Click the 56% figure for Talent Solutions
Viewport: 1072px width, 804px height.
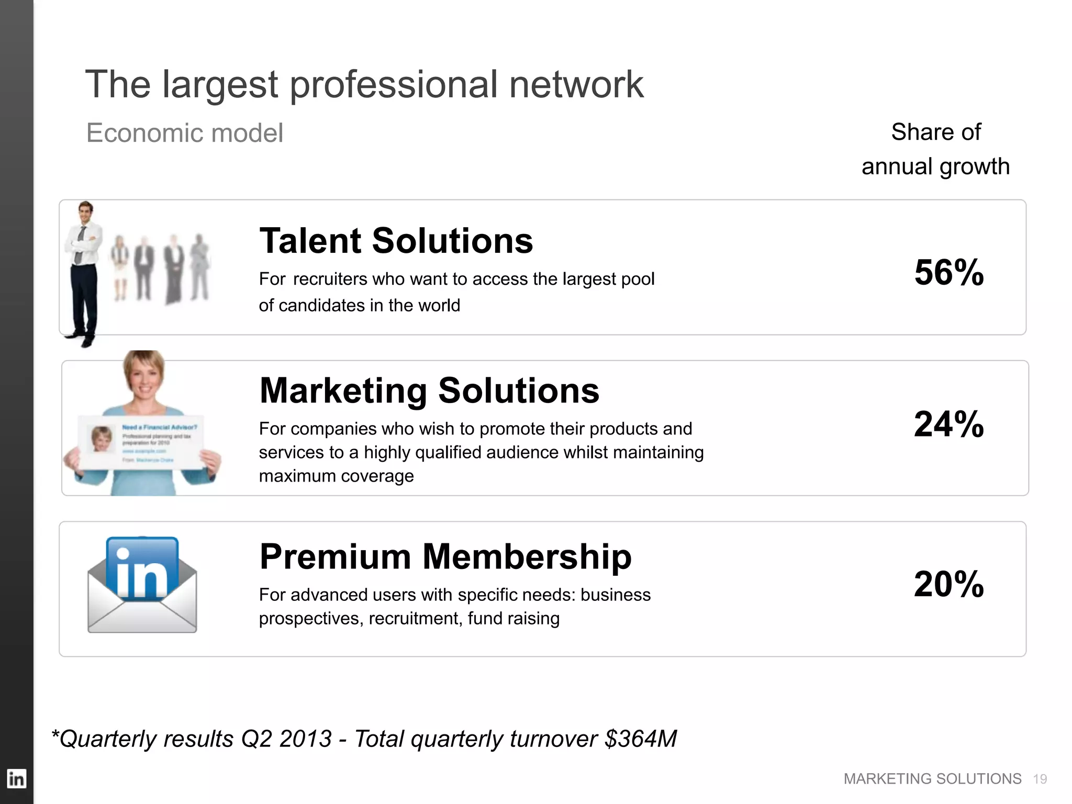tap(948, 273)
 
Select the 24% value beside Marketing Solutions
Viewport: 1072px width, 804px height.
tap(948, 424)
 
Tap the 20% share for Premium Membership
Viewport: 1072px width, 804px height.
tap(948, 584)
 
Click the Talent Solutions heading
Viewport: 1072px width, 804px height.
tap(396, 241)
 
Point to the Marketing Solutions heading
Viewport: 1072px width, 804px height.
tap(429, 390)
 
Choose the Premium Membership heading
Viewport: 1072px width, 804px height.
tap(445, 556)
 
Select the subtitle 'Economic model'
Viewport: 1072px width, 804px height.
tap(184, 133)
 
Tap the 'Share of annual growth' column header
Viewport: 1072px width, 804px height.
tap(935, 149)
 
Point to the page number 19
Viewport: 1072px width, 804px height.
tap(1040, 779)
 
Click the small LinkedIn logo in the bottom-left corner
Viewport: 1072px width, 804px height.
tap(16, 779)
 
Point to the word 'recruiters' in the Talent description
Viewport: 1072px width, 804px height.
tap(331, 279)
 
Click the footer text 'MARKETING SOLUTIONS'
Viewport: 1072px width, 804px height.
tap(932, 779)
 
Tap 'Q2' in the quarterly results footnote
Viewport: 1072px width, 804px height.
tap(256, 739)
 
